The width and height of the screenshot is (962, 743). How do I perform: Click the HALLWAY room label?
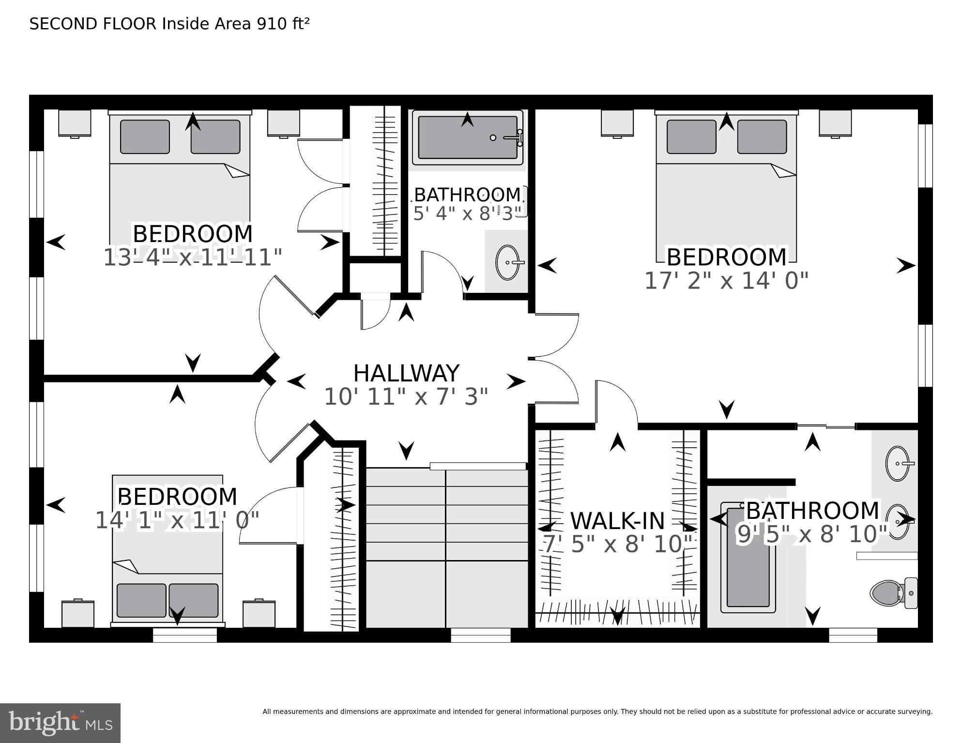point(406,374)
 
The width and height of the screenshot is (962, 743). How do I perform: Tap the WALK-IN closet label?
point(617,521)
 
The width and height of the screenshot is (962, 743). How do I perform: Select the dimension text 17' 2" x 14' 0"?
point(726,281)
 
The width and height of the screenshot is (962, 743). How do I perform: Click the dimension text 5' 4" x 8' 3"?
point(467,213)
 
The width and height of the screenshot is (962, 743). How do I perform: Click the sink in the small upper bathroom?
point(508,262)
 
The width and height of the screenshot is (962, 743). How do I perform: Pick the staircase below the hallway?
point(446,547)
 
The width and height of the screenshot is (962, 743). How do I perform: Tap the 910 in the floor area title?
point(272,24)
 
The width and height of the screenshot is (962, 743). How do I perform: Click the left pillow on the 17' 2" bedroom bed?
point(691,137)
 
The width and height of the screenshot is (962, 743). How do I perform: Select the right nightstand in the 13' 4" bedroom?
point(283,123)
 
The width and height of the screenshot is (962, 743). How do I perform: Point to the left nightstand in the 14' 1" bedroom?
point(77,614)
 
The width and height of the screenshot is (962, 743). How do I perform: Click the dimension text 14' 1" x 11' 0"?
point(177,521)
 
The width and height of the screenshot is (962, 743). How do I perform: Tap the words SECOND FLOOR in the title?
point(93,24)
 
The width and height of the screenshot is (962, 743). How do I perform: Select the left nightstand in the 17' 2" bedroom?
point(617,123)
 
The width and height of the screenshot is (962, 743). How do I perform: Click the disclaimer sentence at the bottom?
point(597,712)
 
